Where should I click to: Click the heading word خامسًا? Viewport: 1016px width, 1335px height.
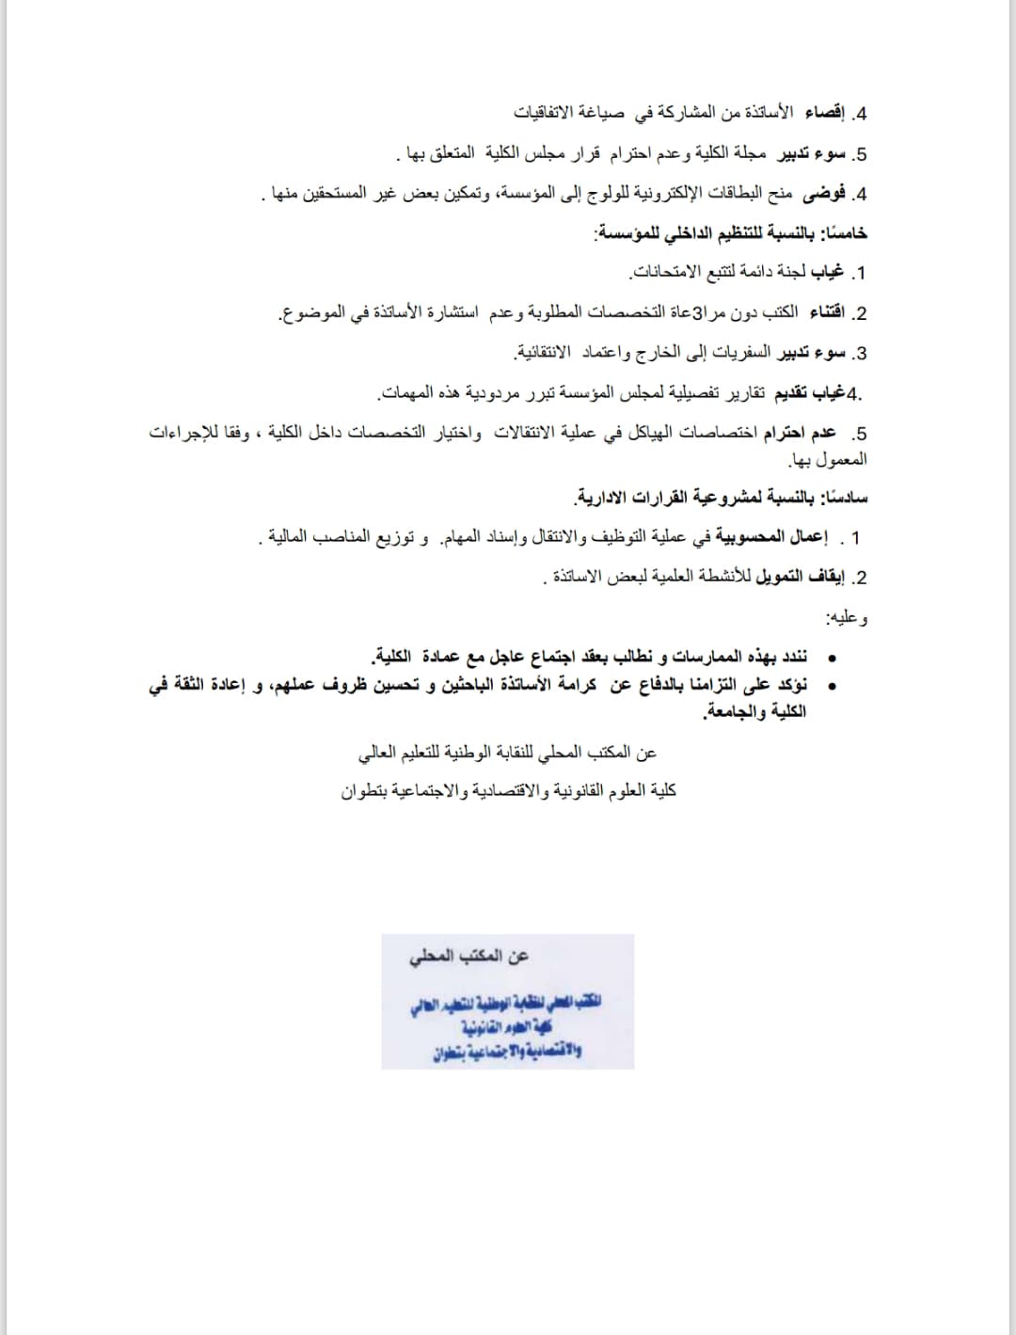tap(845, 233)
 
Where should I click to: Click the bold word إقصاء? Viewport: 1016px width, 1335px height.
tap(818, 113)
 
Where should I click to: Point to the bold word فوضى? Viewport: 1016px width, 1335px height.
tap(823, 194)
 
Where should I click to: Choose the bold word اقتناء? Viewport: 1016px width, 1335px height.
tap(826, 312)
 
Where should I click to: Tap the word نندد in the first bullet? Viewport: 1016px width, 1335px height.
tap(788, 656)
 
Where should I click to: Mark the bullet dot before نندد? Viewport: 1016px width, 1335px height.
tap(831, 658)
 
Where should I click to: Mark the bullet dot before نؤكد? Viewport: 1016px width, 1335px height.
tap(831, 686)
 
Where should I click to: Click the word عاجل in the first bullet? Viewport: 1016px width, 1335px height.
tap(513, 656)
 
